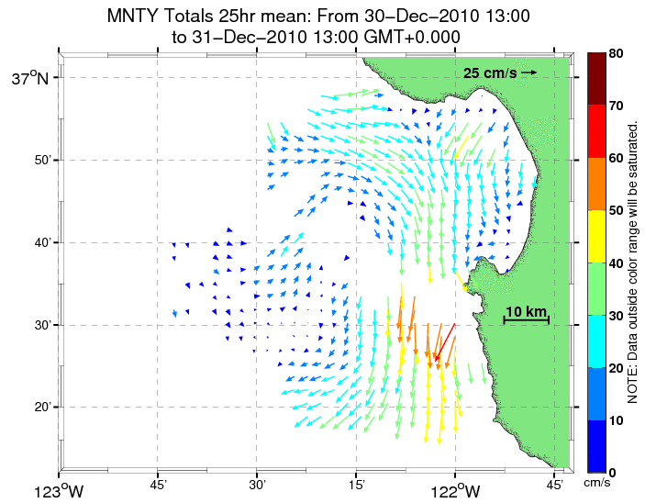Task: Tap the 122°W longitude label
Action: click(x=455, y=490)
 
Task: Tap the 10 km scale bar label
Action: click(x=527, y=311)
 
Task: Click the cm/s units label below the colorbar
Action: click(x=597, y=483)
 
